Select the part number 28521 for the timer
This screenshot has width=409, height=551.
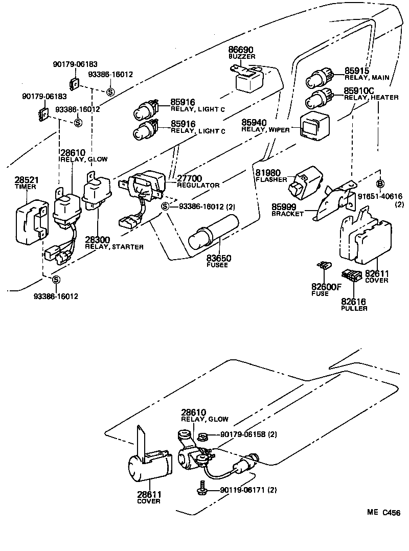[26, 180]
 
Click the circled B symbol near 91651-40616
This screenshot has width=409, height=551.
[380, 184]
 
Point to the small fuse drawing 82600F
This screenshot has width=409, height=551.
[324, 266]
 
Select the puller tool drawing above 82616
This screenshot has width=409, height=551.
[352, 275]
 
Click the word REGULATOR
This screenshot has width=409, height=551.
[198, 186]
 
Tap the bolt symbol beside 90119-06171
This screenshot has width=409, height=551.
[200, 489]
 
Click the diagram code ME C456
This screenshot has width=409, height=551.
[383, 512]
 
